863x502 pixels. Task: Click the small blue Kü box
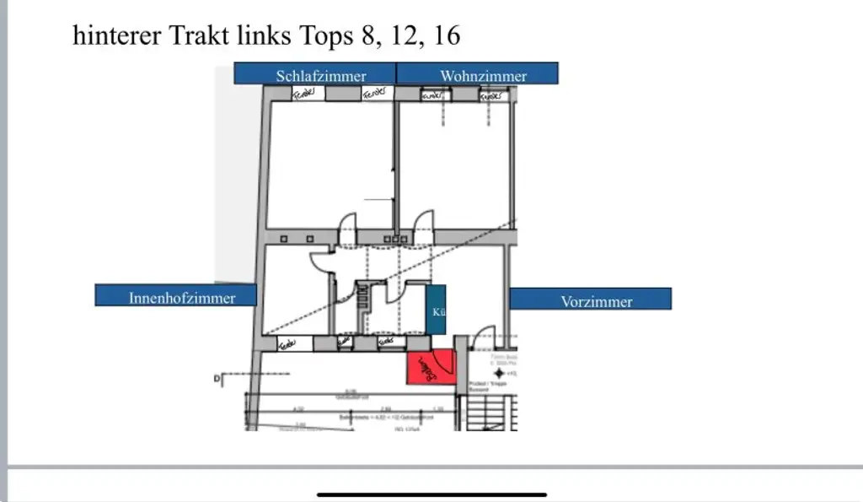[x=436, y=310]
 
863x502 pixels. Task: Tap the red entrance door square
[x=431, y=368]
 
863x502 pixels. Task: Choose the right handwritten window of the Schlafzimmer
[x=377, y=94]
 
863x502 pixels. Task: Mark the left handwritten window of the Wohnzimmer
[x=433, y=95]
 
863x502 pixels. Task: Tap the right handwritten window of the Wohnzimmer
[x=491, y=95]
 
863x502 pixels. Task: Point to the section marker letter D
[x=217, y=381]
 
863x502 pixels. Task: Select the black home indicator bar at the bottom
[x=431, y=494]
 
